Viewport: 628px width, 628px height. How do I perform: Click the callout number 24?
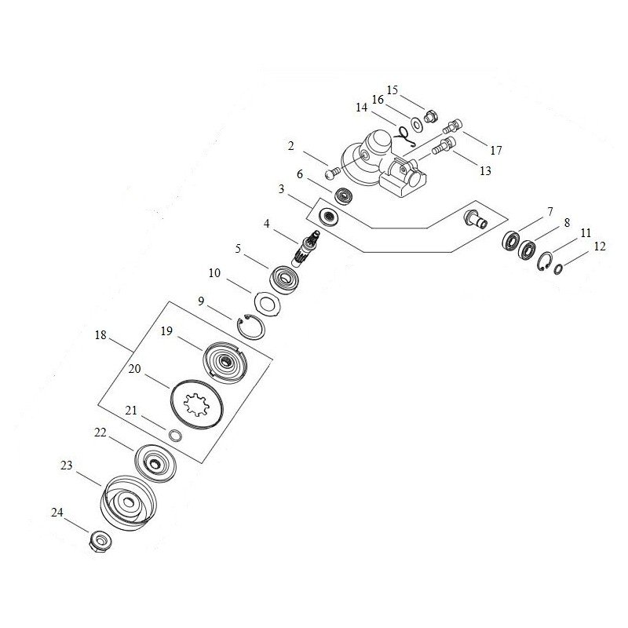point(57,513)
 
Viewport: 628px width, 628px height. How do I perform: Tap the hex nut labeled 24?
point(100,541)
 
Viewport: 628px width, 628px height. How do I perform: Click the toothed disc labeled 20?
point(195,402)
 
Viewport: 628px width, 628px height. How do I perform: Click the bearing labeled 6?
point(343,195)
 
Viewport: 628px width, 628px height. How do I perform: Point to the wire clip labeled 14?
point(404,136)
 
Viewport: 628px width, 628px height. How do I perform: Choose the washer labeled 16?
point(417,124)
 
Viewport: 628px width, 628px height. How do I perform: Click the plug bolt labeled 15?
point(431,116)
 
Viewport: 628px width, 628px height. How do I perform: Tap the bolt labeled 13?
point(444,147)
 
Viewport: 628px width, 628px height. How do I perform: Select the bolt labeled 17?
point(452,126)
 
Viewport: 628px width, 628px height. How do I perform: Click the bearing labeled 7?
point(511,242)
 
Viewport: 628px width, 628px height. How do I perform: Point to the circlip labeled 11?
point(545,261)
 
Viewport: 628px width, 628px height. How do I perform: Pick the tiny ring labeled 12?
point(559,269)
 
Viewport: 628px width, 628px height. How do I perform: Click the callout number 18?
point(100,335)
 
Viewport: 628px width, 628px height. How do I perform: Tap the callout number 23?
point(67,465)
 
